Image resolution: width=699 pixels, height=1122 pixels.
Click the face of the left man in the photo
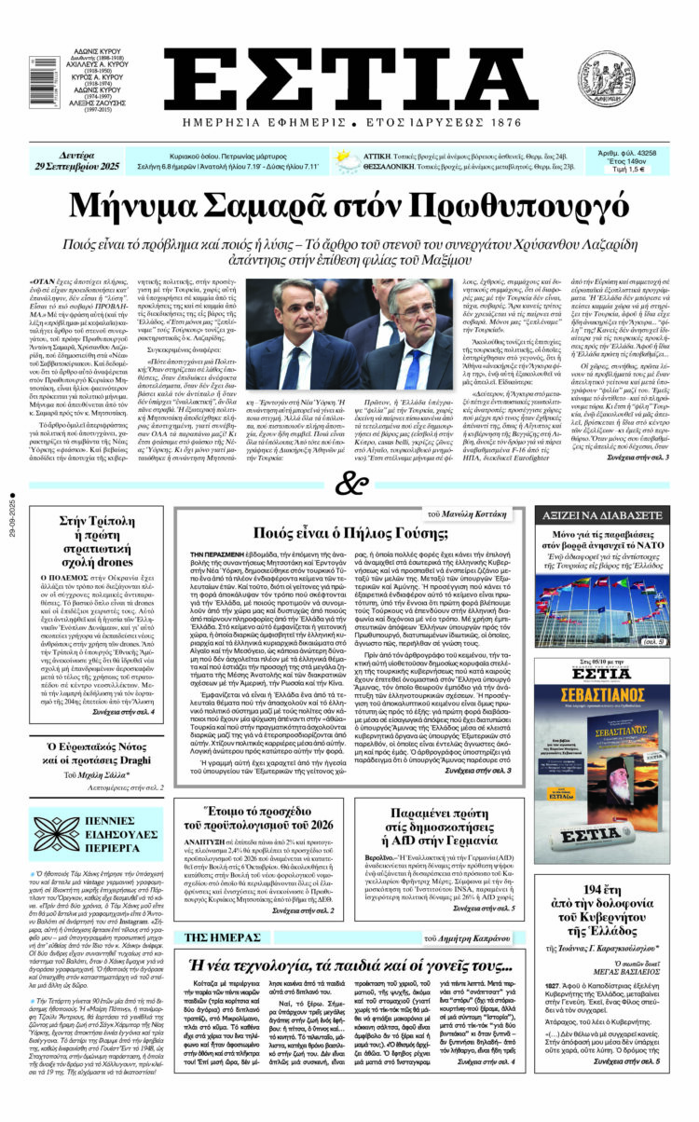[293, 310]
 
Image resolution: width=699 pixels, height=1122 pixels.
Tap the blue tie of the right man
[411, 364]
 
